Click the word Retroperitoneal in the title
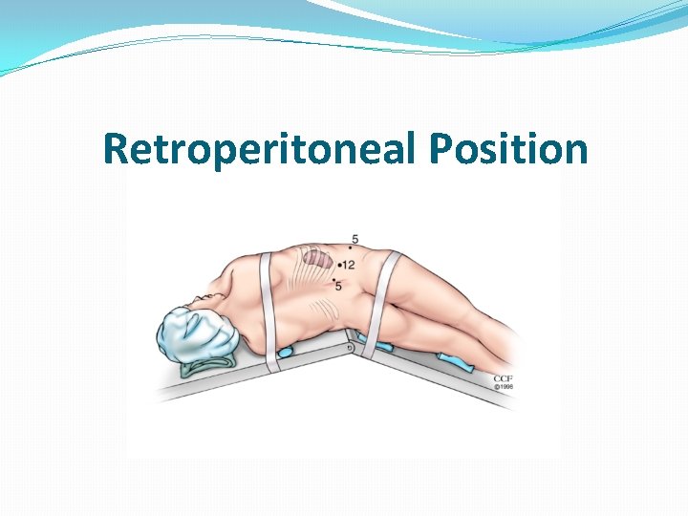click(260, 149)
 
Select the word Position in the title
click(507, 149)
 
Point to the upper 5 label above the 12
click(355, 238)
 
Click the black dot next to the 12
click(340, 264)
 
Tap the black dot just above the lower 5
click(333, 278)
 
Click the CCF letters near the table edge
click(504, 379)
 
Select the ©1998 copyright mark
click(504, 387)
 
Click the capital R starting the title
click(116, 149)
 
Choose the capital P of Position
click(441, 149)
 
